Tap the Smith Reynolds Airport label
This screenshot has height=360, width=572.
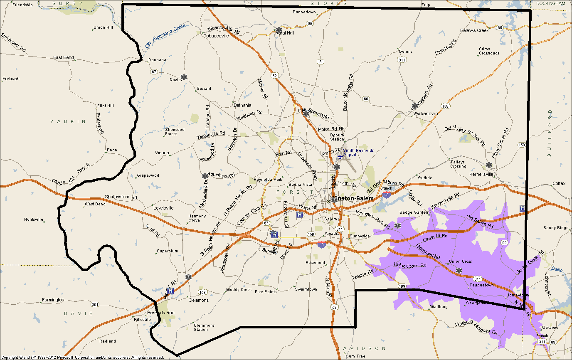[x=358, y=153]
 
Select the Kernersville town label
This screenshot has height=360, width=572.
[x=481, y=174]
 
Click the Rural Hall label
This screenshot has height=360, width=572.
[x=285, y=33]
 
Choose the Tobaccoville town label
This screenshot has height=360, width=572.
[x=216, y=36]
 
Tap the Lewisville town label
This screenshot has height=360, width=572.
[x=163, y=207]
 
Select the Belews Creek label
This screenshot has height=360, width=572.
[x=474, y=30]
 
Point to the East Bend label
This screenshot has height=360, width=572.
[x=64, y=57]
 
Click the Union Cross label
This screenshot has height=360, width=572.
[x=460, y=261]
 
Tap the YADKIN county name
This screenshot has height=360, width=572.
[x=68, y=121]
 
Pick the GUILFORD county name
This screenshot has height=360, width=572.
[x=550, y=133]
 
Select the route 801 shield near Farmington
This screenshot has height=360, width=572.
[x=95, y=305]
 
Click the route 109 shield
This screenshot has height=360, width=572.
[x=402, y=286]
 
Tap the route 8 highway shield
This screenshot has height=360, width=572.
[x=320, y=62]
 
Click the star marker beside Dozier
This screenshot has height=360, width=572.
[x=184, y=77]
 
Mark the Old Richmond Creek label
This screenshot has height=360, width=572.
[x=165, y=36]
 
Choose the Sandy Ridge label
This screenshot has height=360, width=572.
[x=556, y=228]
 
